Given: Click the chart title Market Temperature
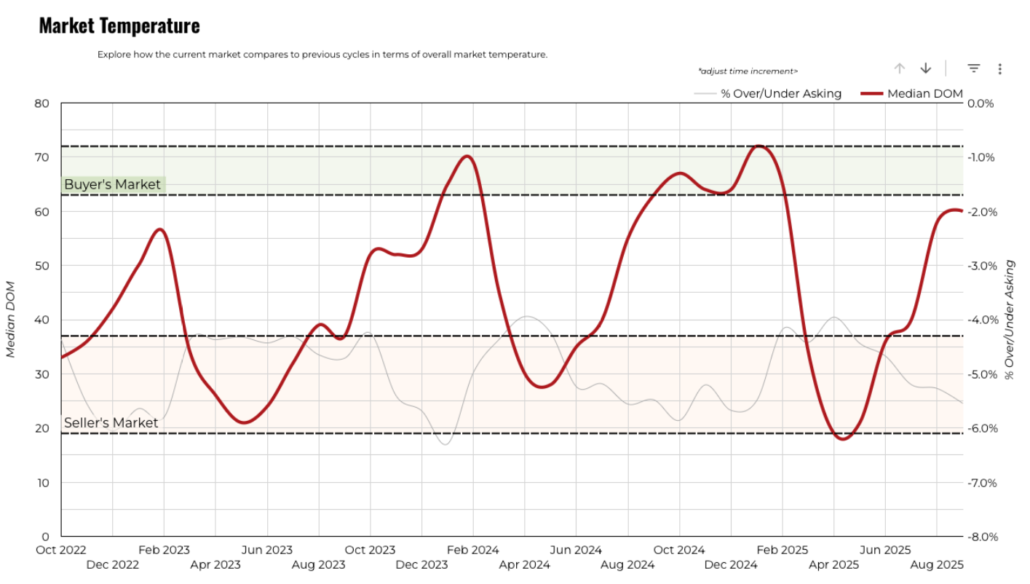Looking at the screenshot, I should coord(119,25).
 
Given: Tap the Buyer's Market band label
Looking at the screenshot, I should coord(112,185).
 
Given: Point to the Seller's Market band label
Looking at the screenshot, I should coord(111,423).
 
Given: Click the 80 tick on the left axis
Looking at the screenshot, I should coord(42,103).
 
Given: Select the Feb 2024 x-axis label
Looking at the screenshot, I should coord(473,551).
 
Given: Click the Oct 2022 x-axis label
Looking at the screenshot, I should coord(61,551).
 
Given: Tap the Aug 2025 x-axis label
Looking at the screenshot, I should coord(937,564).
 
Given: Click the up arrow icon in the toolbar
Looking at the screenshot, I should coord(900,68).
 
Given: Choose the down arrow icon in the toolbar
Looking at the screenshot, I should coord(926,68).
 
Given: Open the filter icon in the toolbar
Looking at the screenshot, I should coord(974,68).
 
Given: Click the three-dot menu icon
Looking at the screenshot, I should coord(1000,68).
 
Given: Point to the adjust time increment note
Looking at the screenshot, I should coord(748,71).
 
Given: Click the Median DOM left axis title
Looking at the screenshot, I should coord(11,319).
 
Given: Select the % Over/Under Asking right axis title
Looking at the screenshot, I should coord(1010,320).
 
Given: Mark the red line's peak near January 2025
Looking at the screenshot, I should coord(758,146).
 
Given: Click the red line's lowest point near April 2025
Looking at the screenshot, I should coord(843,439).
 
